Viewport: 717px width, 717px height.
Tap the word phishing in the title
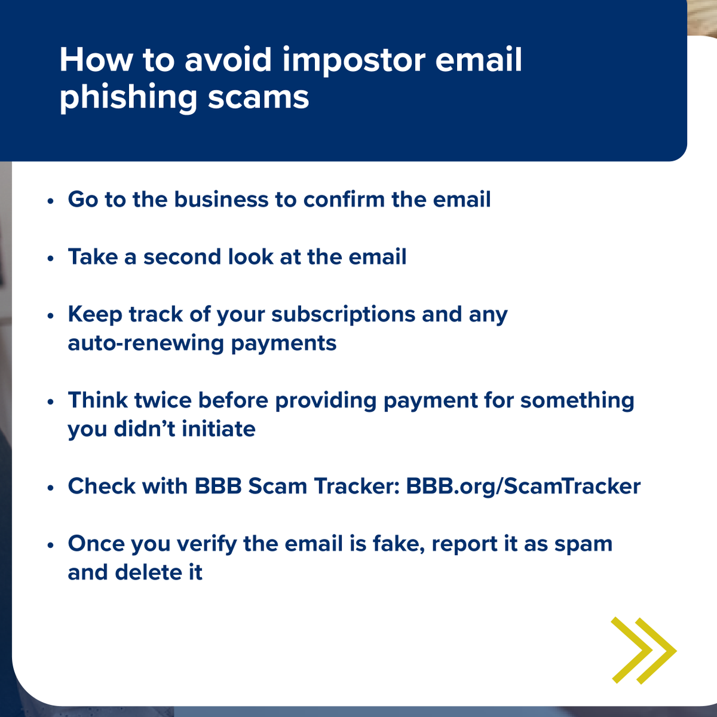[128, 98]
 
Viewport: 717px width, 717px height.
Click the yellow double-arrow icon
[643, 651]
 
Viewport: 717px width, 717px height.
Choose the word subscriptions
[343, 315]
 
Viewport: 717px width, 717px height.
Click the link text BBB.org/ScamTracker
[523, 486]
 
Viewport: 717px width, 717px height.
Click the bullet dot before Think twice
[51, 402]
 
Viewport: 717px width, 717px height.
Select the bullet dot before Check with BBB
[51, 488]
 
